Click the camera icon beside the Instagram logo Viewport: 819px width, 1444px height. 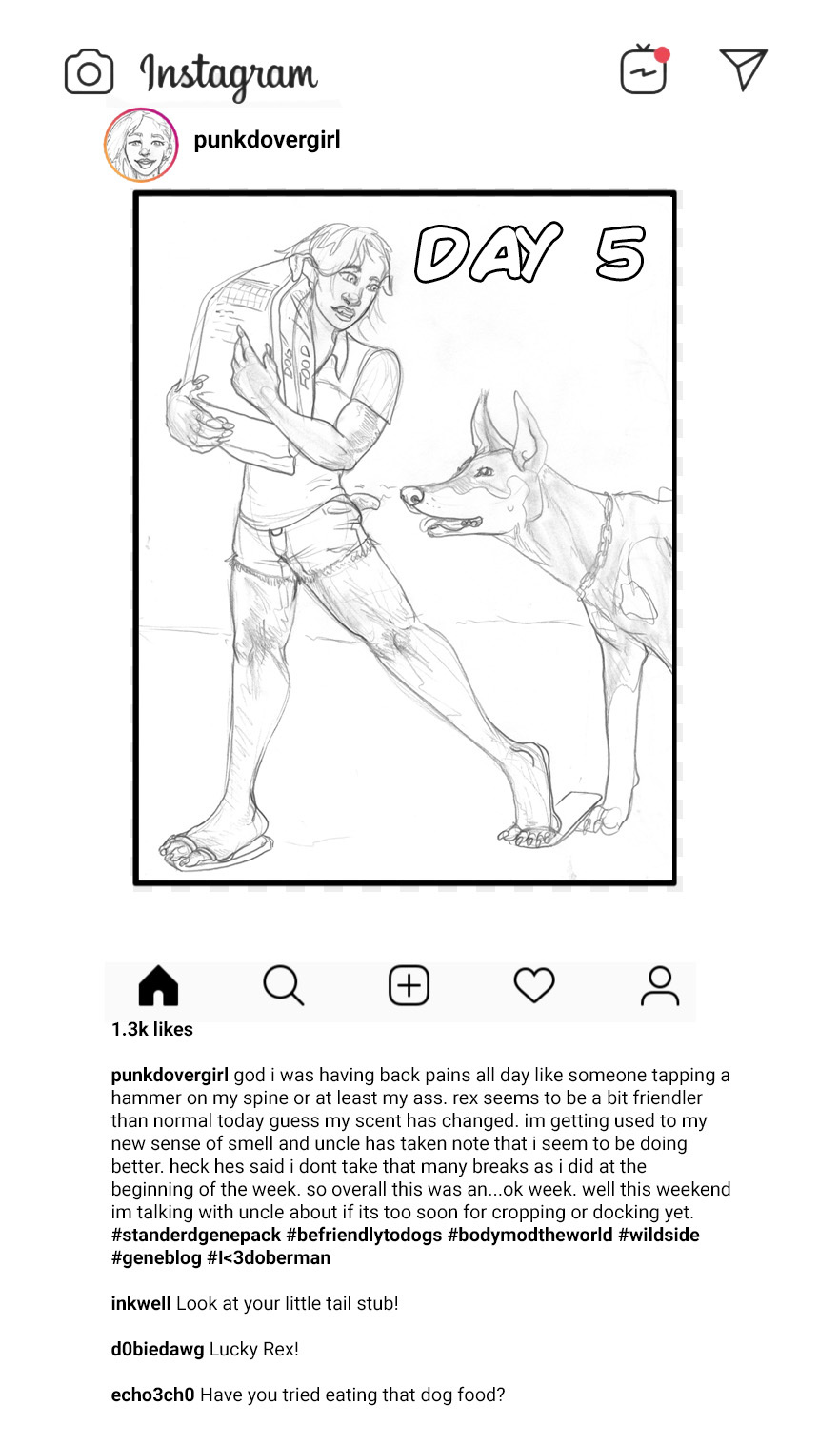pyautogui.click(x=89, y=72)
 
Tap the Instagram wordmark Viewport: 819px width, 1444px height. pyautogui.click(x=229, y=75)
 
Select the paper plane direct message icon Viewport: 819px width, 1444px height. pyautogui.click(x=743, y=69)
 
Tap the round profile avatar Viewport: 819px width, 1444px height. pyautogui.click(x=141, y=145)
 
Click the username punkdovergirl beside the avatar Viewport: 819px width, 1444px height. pyautogui.click(x=267, y=140)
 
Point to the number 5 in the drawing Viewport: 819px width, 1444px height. pyautogui.click(x=620, y=252)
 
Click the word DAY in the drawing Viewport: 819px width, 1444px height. pyautogui.click(x=488, y=252)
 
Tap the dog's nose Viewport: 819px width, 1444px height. pyautogui.click(x=411, y=496)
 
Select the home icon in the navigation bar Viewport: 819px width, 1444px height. pyautogui.click(x=158, y=985)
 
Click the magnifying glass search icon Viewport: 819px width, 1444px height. pyautogui.click(x=283, y=985)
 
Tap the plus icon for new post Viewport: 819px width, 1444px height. pyautogui.click(x=409, y=985)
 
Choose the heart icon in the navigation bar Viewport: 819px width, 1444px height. pyautogui.click(x=534, y=985)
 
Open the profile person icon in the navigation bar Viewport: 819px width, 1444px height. pyautogui.click(x=660, y=985)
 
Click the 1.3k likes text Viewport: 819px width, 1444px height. pyautogui.click(x=152, y=1030)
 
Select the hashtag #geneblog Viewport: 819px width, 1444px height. pyautogui.click(x=156, y=1257)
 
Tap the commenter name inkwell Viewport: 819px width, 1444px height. pyautogui.click(x=141, y=1303)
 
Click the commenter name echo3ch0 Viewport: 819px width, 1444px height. pyautogui.click(x=152, y=1395)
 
